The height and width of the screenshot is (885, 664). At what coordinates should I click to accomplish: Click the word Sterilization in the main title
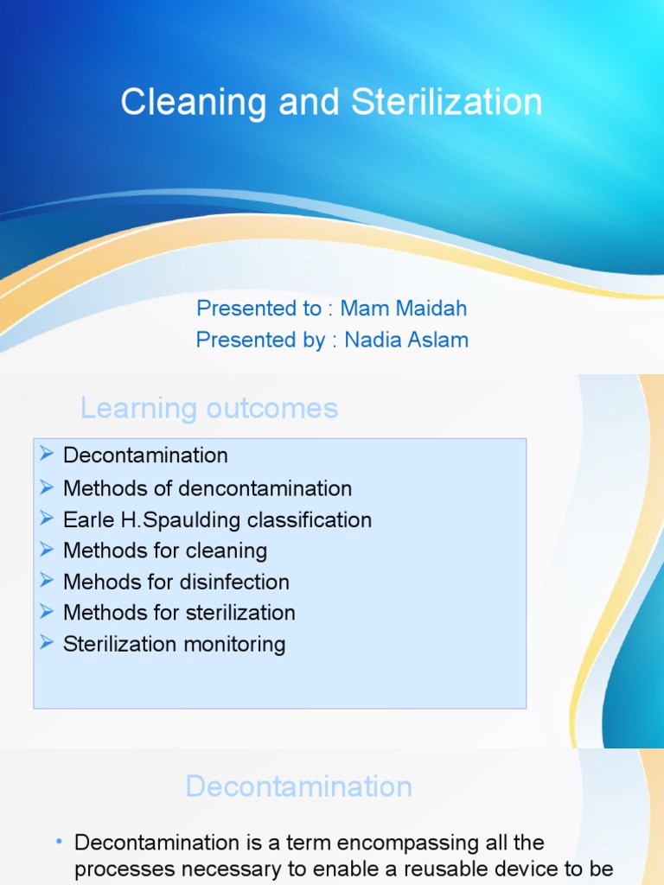447,103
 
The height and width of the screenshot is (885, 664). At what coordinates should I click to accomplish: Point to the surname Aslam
439,340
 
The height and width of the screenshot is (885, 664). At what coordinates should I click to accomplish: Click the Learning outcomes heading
209,408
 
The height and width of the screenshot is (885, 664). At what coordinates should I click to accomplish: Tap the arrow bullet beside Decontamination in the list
48,455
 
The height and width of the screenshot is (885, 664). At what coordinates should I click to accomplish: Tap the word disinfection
235,582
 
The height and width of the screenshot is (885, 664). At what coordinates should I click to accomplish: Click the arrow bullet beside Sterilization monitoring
48,643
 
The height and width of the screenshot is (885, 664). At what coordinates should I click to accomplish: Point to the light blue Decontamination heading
298,786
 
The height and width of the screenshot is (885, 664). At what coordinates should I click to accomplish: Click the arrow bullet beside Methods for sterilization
48,612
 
